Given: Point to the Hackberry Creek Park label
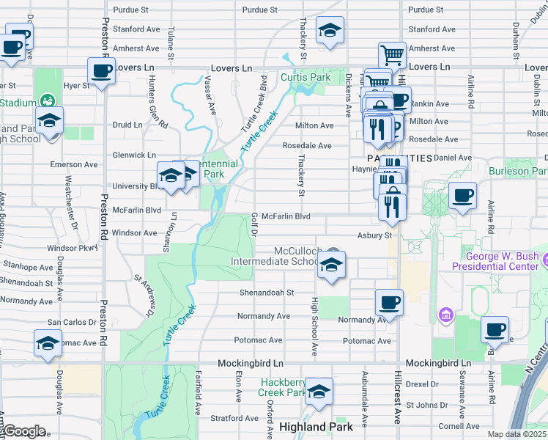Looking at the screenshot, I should coord(286,387).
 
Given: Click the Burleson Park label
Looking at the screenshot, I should coord(523,171).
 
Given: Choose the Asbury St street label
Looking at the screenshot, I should coord(375,235).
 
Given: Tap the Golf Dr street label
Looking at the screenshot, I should coord(255,225).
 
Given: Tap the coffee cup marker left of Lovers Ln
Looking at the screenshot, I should coord(101,71).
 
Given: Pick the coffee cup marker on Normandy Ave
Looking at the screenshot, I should coord(389,302).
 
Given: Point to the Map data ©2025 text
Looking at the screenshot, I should coord(516,434).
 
